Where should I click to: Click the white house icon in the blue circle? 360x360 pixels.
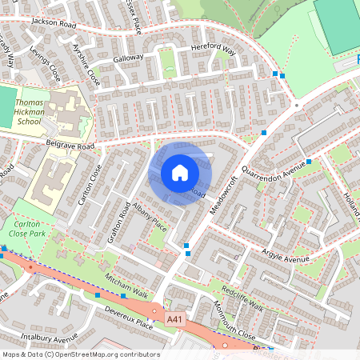[180, 173]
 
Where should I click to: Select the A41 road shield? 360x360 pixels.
[175, 319]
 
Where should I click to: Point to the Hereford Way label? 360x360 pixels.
[214, 50]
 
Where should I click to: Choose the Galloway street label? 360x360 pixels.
[128, 58]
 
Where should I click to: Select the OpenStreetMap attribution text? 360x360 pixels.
[81, 354]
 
